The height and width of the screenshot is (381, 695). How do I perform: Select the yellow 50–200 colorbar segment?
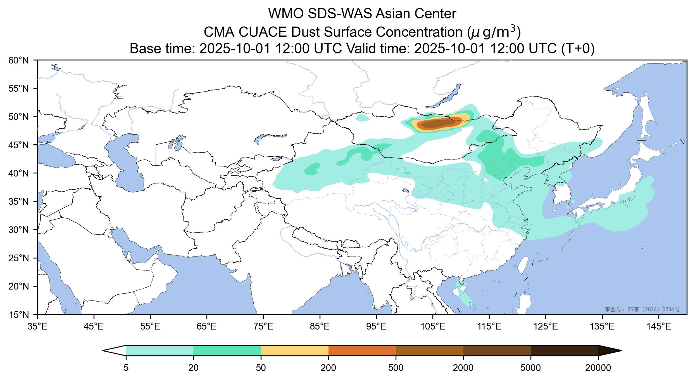tap(295, 350)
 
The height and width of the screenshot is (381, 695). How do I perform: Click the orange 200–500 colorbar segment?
tap(362, 350)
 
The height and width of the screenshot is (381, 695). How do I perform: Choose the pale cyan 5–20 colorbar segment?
tap(160, 350)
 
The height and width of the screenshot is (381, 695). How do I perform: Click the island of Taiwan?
tap(522, 264)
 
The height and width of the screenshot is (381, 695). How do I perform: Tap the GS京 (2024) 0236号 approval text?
tap(642, 309)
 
